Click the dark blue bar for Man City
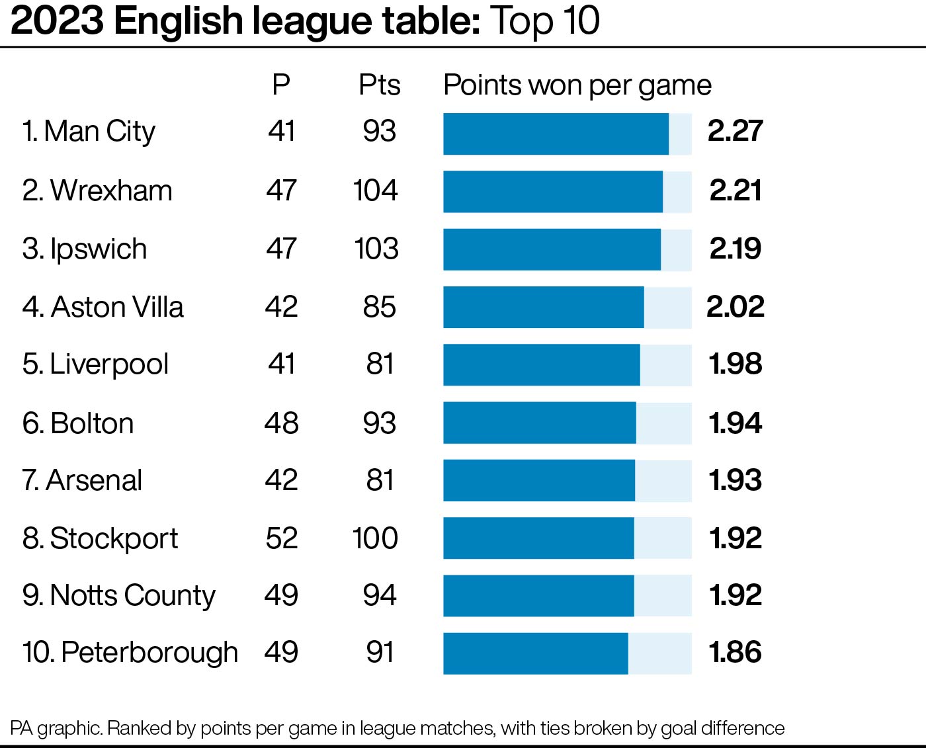556,134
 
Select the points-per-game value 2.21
736,191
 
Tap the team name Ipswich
98,249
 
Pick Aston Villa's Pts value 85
379,307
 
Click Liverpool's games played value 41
282,364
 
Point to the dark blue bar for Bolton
539,423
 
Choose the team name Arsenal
94,481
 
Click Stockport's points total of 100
375,538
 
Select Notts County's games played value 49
281,596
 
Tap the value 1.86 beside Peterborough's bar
736,653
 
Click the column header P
281,85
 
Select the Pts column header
380,85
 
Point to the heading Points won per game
577,85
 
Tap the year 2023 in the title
58,21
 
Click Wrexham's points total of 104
375,191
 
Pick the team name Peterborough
149,653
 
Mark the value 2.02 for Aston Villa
736,307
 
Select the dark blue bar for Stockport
538,538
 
